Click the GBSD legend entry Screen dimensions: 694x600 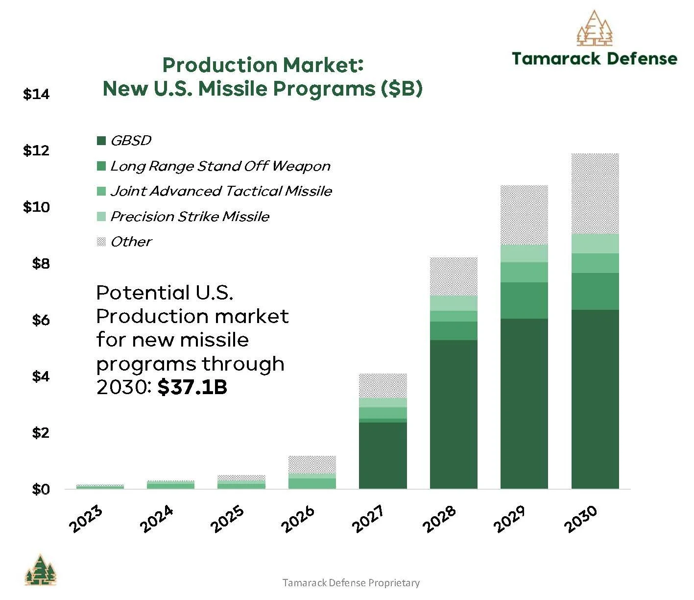click(124, 141)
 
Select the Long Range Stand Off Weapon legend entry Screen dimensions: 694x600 click(214, 166)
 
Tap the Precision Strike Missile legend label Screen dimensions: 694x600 click(190, 217)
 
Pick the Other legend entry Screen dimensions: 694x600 click(124, 242)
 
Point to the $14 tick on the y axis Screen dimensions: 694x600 click(36, 94)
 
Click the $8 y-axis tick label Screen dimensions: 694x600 click(41, 264)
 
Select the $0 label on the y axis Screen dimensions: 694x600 click(41, 489)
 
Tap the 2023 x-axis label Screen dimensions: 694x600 click(86, 519)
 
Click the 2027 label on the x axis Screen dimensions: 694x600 click(368, 519)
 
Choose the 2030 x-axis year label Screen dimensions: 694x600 click(580, 519)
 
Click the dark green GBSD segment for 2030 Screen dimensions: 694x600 click(595, 399)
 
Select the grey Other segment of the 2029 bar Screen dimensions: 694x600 click(524, 215)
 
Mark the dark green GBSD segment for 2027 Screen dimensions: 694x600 click(383, 455)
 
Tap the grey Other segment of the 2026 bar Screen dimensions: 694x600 click(312, 465)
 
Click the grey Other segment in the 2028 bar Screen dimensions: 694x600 click(454, 276)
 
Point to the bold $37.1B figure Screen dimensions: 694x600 click(192, 387)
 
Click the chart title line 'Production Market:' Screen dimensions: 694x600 click(263, 65)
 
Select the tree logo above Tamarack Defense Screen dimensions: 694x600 click(595, 28)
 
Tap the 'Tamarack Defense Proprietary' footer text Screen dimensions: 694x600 click(351, 582)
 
